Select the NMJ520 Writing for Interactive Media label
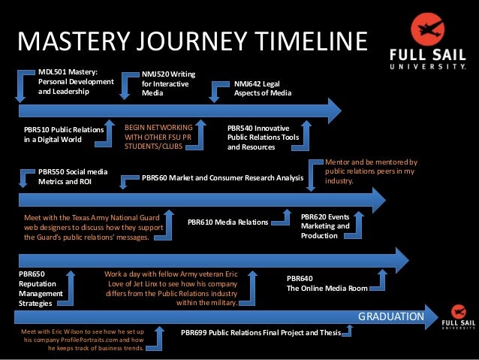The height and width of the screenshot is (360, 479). click(x=169, y=84)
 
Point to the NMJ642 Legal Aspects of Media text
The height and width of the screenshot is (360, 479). click(x=262, y=89)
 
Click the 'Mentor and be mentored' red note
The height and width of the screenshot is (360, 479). click(x=370, y=171)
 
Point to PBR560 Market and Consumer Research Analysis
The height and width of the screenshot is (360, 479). click(x=222, y=179)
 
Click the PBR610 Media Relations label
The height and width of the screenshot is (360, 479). click(x=227, y=222)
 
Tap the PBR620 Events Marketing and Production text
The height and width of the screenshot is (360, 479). click(x=325, y=225)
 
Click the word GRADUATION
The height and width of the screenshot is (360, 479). click(x=390, y=316)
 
